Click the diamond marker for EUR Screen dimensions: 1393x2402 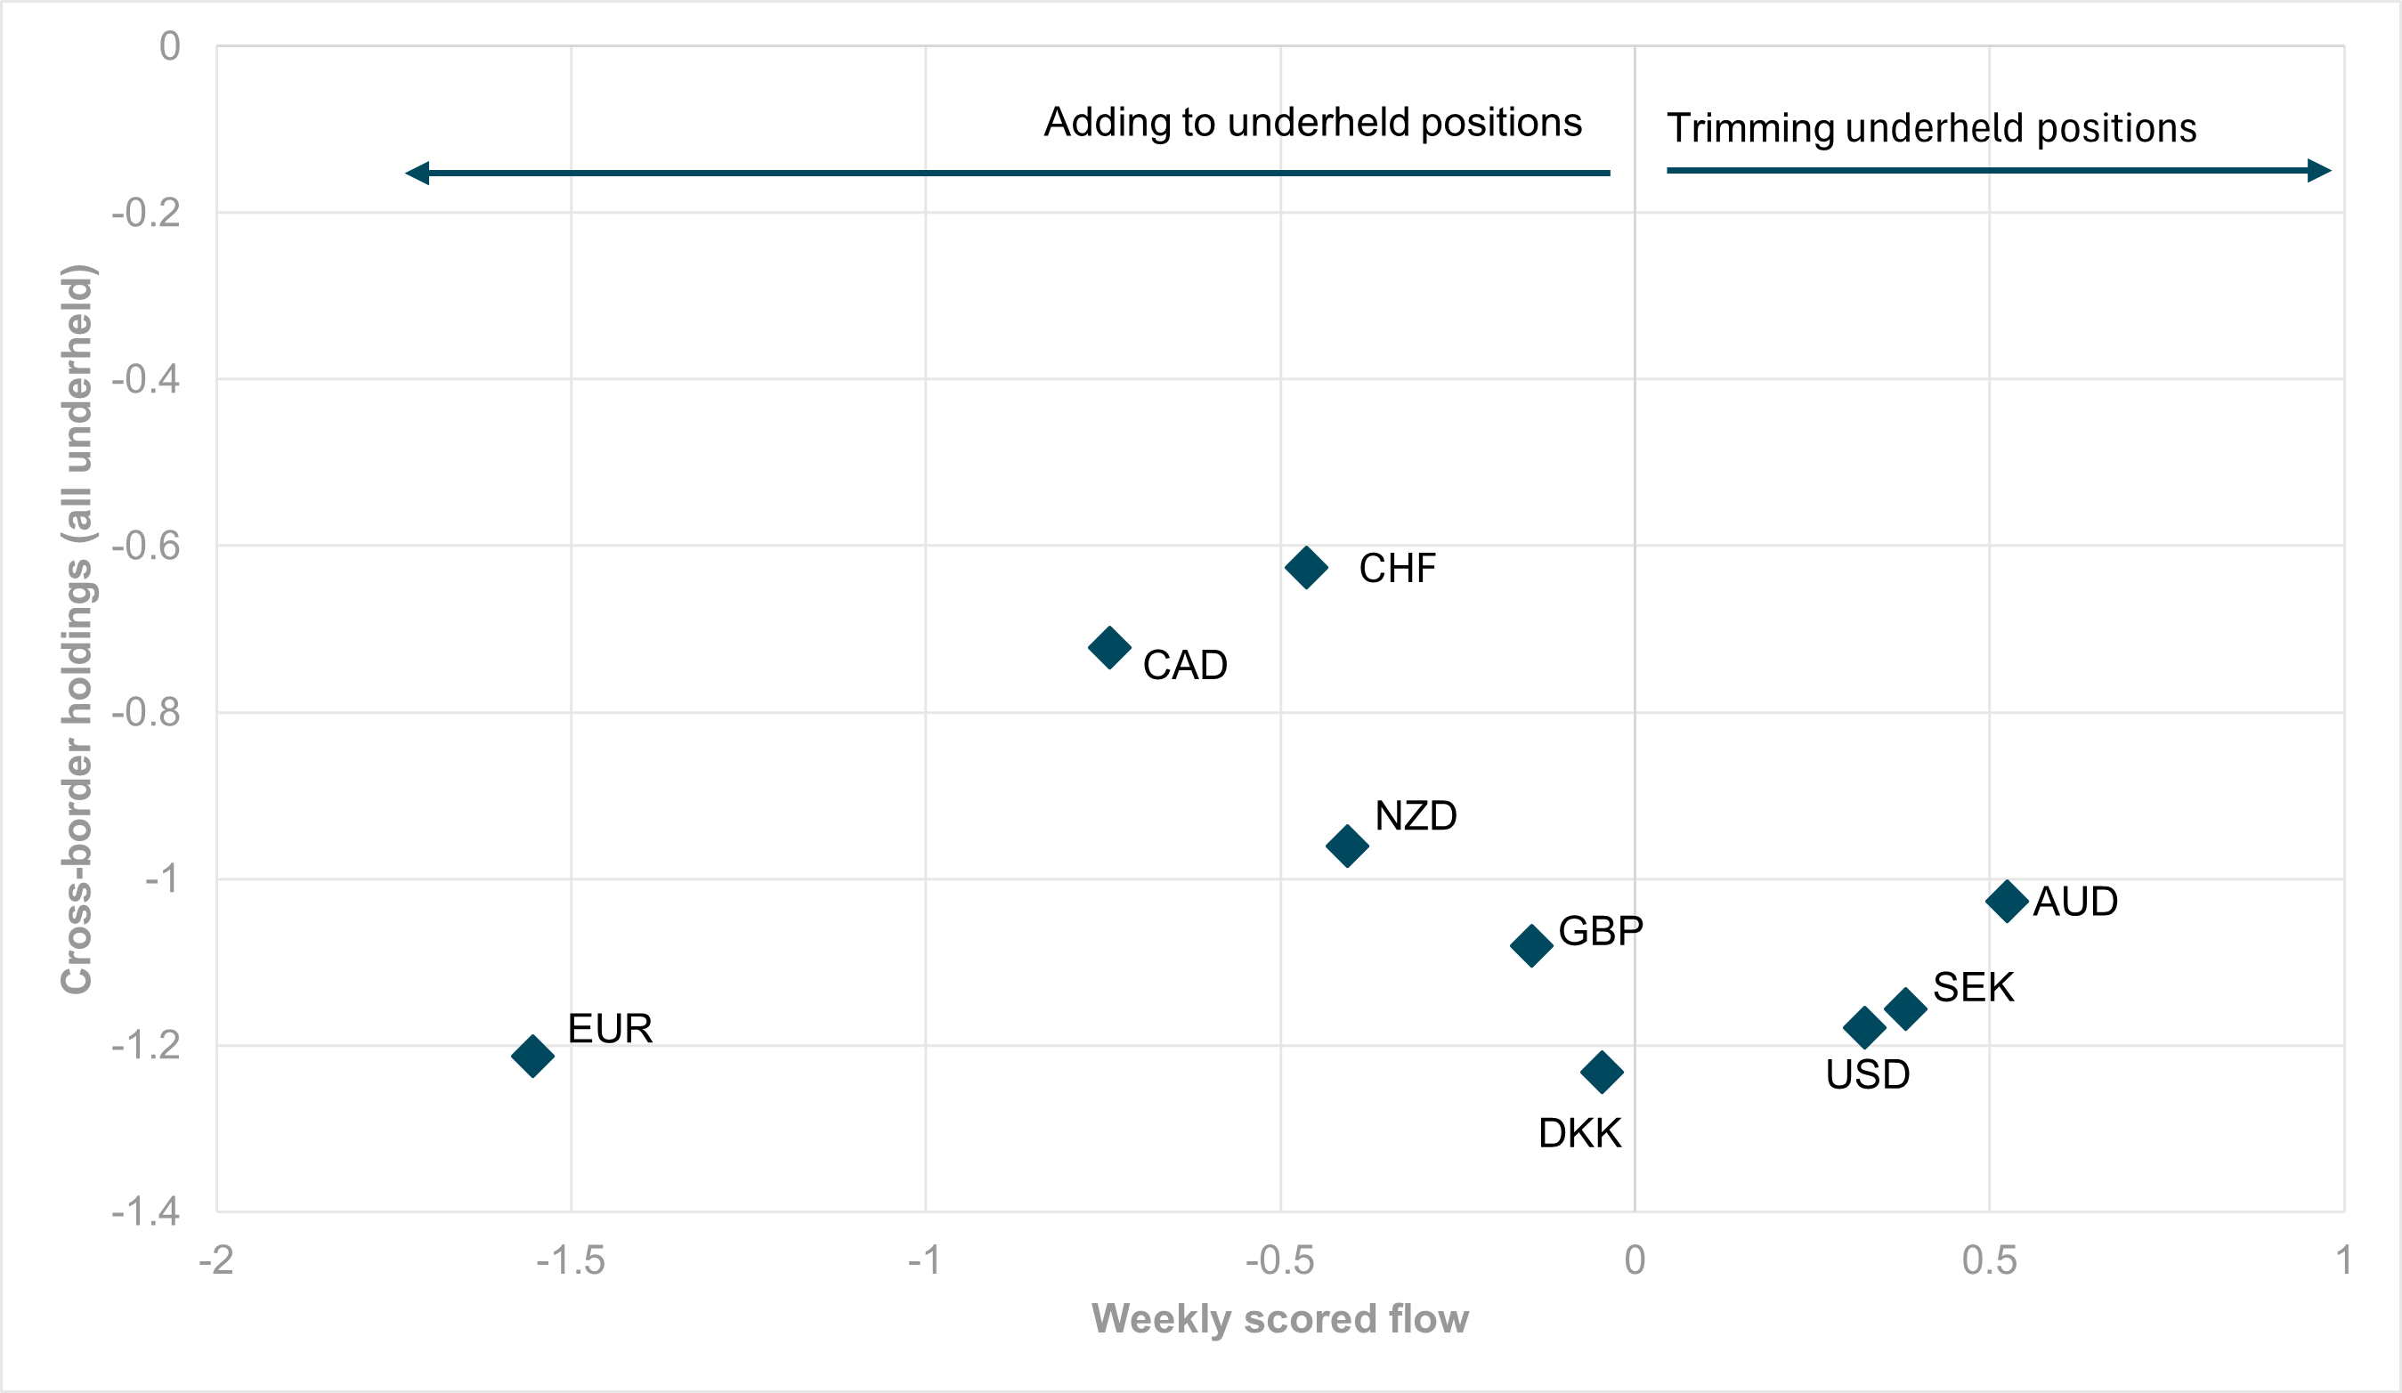(532, 1056)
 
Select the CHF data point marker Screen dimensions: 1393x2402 (1306, 568)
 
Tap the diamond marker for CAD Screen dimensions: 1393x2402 (1108, 648)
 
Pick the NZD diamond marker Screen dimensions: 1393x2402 (1347, 845)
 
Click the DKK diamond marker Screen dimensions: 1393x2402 (1602, 1072)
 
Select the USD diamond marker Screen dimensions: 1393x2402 (1864, 1027)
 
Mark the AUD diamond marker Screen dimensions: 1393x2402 (2007, 901)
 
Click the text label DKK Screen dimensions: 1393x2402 (1579, 1134)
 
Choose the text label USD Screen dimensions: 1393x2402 (1867, 1074)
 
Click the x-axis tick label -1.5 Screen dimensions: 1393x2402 (570, 1261)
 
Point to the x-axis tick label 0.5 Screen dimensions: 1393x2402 (1989, 1261)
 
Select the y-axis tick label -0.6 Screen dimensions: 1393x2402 (146, 546)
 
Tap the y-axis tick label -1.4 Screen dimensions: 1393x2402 (146, 1212)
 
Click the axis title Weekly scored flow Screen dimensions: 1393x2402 (1279, 1319)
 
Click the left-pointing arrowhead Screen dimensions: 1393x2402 (418, 173)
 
